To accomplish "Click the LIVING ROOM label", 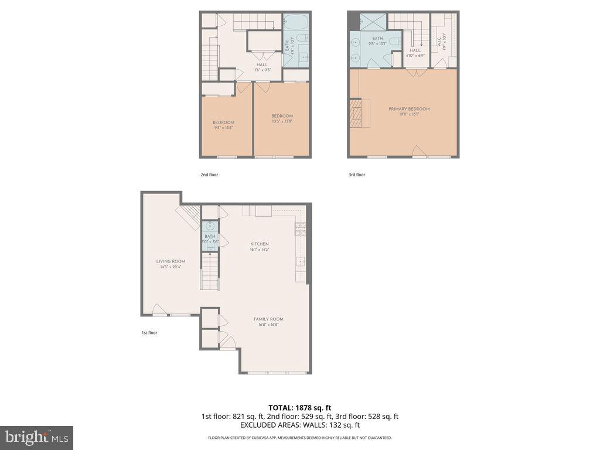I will [x=171, y=261].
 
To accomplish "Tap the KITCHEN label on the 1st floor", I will [x=260, y=244].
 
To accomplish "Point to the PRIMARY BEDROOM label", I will [x=409, y=109].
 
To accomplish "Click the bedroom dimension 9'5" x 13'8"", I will [x=223, y=128].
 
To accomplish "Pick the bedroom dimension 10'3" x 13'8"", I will [x=282, y=121].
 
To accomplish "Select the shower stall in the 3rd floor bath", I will [x=373, y=21].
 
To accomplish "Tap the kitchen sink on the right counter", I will [x=301, y=261].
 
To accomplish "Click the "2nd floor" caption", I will [x=209, y=175].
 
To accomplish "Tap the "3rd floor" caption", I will [x=356, y=175].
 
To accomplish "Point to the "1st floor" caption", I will [x=149, y=333].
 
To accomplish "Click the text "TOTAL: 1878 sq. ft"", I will [x=299, y=407].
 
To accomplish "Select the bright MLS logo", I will [x=36, y=437].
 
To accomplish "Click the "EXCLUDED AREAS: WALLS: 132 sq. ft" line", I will [x=299, y=425].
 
